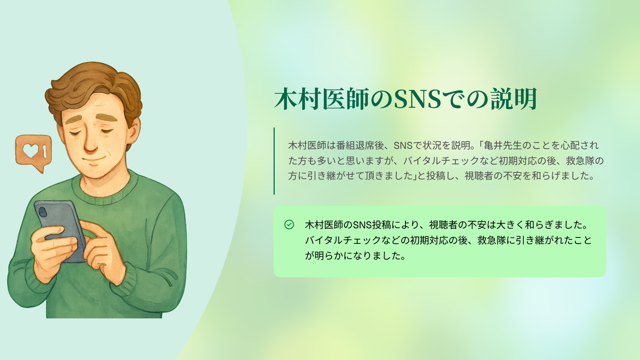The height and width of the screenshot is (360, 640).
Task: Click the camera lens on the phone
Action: coord(43,212)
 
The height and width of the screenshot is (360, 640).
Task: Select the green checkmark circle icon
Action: coord(289,225)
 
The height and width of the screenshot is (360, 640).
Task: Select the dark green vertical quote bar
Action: coord(274,161)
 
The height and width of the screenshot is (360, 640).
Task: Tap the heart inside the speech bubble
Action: coord(31,150)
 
